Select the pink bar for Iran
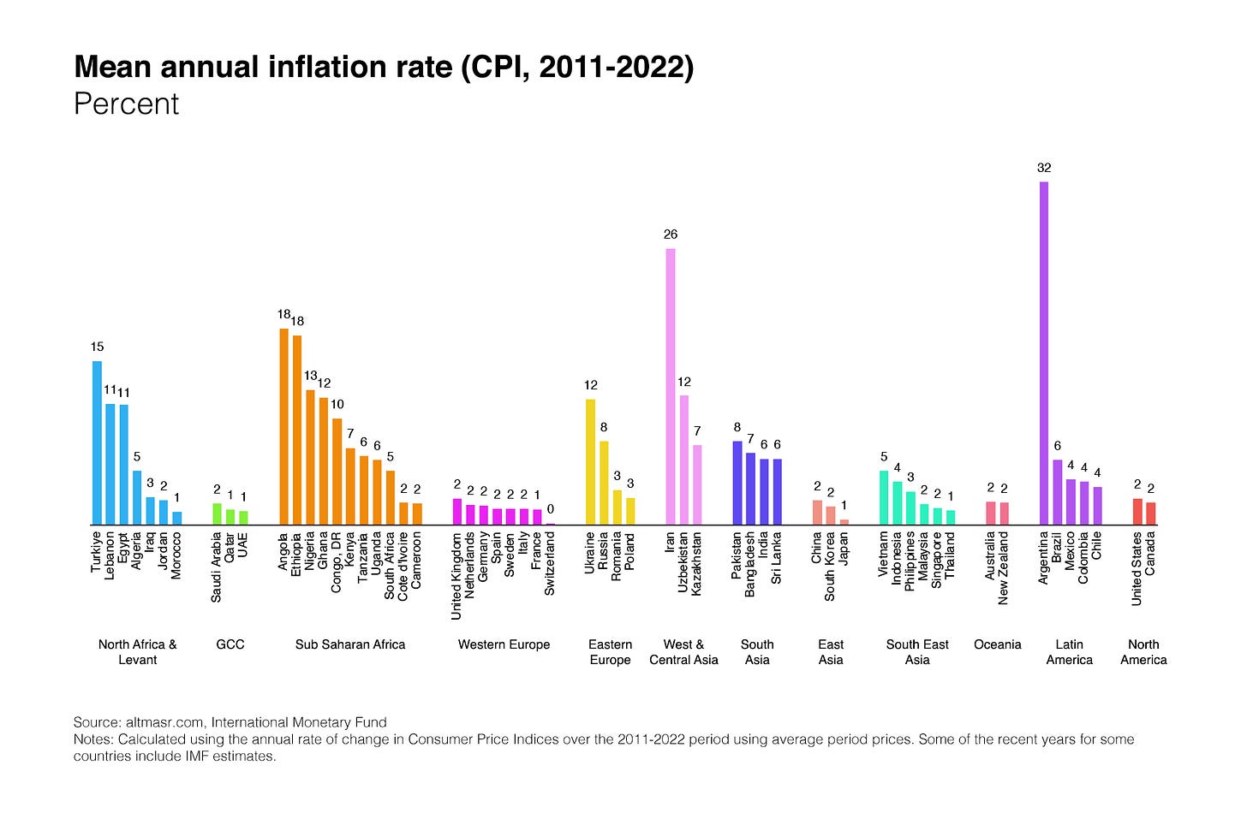pyautogui.click(x=671, y=386)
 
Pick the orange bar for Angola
pyautogui.click(x=283, y=426)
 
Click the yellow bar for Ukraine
pyautogui.click(x=590, y=461)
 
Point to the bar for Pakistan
pyautogui.click(x=737, y=483)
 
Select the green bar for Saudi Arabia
pyautogui.click(x=217, y=513)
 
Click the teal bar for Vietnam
pyautogui.click(x=884, y=497)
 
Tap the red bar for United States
pyautogui.click(x=1137, y=511)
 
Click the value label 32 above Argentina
pyautogui.click(x=1044, y=168)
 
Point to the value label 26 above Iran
pyautogui.click(x=671, y=234)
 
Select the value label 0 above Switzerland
pyautogui.click(x=550, y=509)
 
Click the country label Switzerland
pyautogui.click(x=550, y=564)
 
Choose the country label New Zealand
pyautogui.click(x=1004, y=568)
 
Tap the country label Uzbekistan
pyautogui.click(x=683, y=562)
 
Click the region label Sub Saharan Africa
pyautogui.click(x=350, y=644)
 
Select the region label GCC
pyautogui.click(x=230, y=644)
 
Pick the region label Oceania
pyautogui.click(x=998, y=644)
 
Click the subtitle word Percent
pyautogui.click(x=127, y=104)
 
